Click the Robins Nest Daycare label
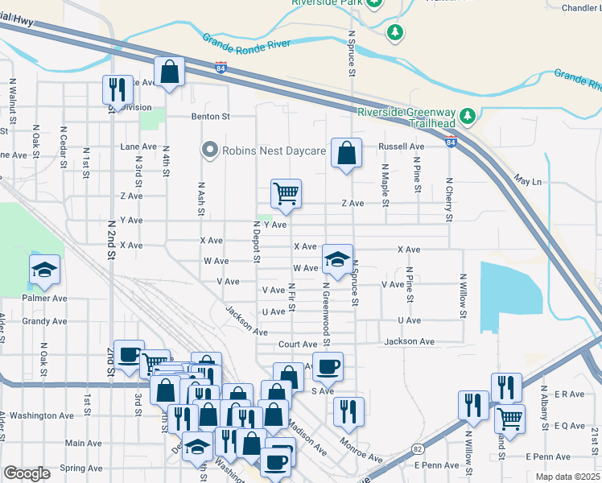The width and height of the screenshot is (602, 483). click(274, 151)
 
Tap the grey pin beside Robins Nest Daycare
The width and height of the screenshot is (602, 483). click(211, 151)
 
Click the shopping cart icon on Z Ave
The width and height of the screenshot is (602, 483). click(286, 193)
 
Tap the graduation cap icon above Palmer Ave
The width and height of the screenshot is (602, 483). click(44, 270)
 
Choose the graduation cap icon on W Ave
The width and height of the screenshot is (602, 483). click(337, 258)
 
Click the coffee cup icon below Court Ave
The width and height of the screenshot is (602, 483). click(327, 367)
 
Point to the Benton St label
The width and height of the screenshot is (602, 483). click(211, 117)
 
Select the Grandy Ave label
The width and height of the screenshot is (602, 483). click(23, 321)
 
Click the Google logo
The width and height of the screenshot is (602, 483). click(27, 473)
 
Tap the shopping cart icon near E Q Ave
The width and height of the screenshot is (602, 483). click(509, 418)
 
